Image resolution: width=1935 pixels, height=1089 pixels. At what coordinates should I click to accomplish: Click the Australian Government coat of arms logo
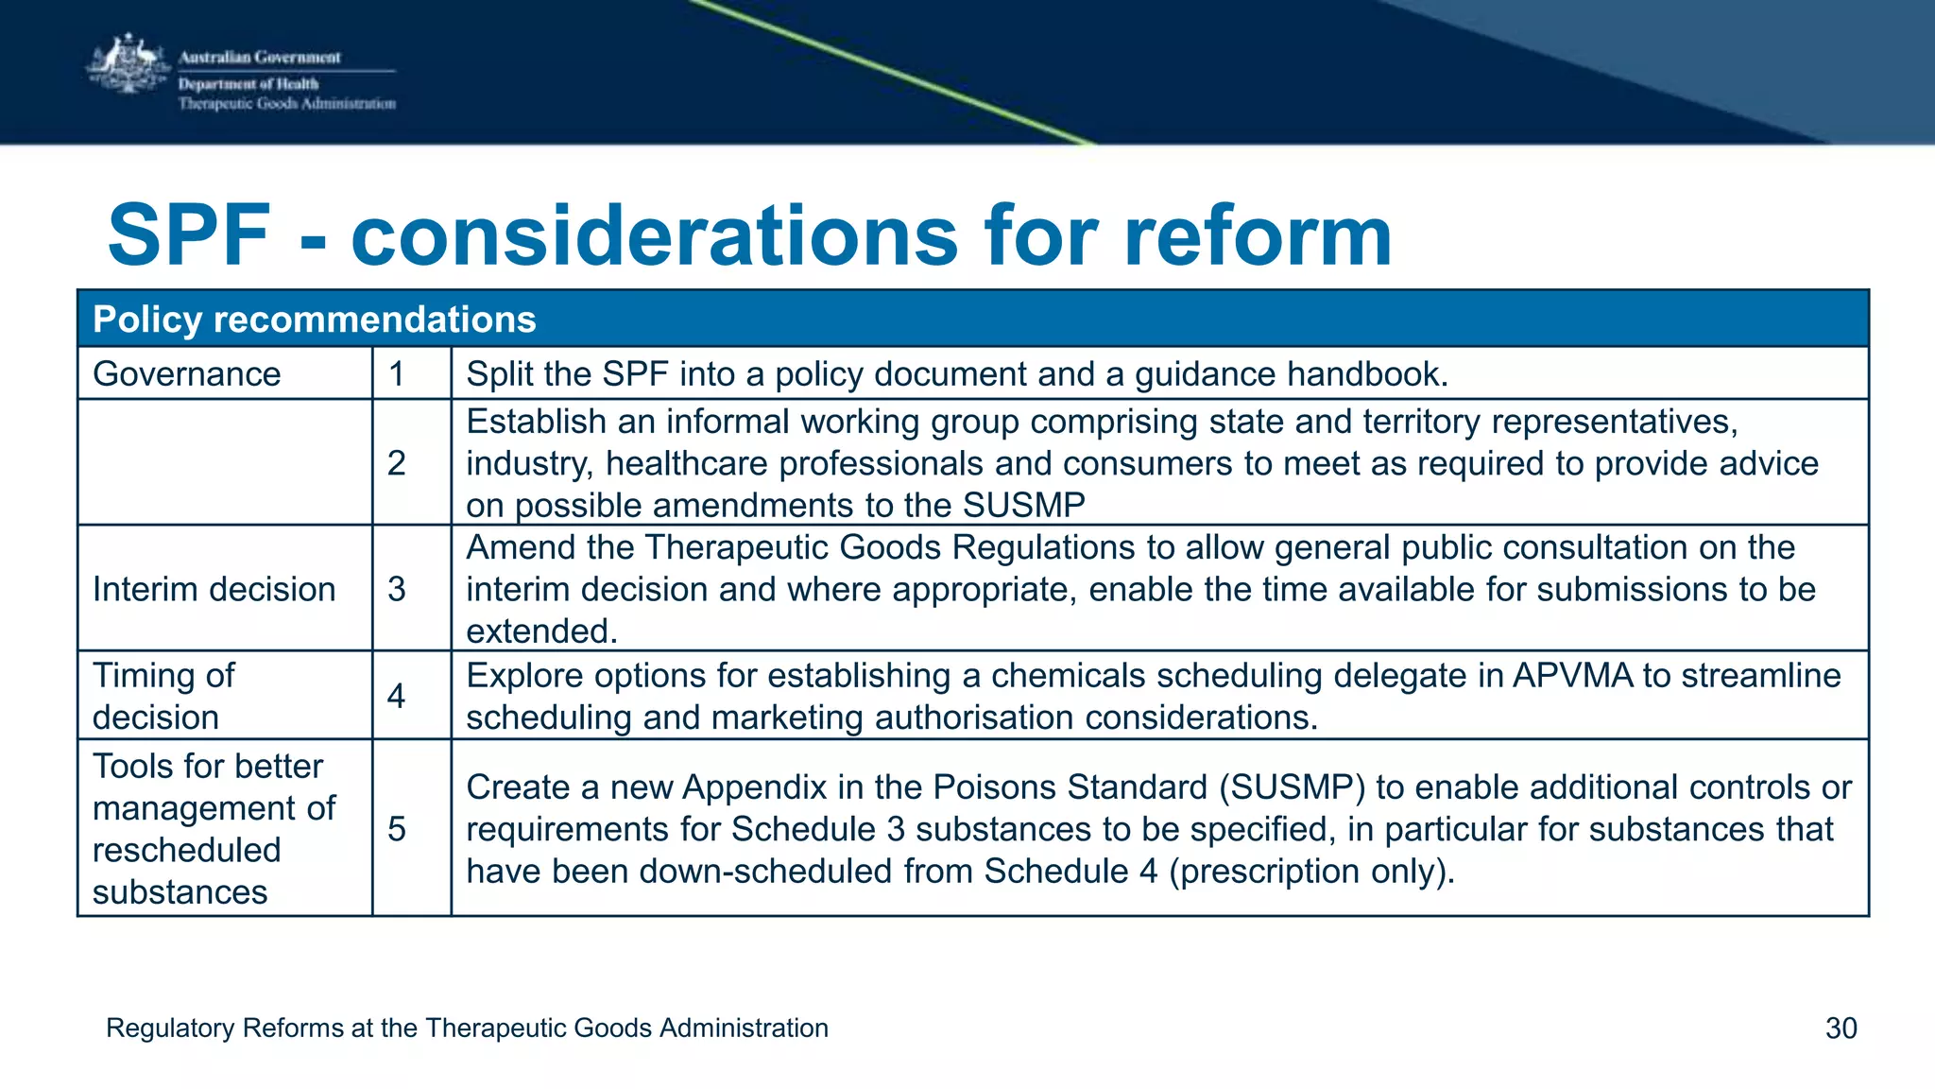point(128,66)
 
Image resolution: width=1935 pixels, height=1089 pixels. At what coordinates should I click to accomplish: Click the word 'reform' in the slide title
point(1257,235)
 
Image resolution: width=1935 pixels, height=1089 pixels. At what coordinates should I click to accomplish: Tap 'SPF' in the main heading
point(189,235)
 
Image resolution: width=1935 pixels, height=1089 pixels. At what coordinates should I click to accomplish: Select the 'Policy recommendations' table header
point(314,320)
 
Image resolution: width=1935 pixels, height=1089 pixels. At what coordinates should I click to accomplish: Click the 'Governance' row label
point(187,374)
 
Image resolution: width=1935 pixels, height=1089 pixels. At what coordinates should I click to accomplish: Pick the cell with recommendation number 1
point(397,374)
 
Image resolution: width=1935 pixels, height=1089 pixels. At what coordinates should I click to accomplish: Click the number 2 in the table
point(397,462)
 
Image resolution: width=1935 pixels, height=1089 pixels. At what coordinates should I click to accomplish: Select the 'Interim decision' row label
point(214,589)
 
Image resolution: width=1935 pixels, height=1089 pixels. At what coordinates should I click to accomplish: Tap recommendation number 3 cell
point(397,589)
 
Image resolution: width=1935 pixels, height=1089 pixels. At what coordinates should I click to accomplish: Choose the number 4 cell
point(397,697)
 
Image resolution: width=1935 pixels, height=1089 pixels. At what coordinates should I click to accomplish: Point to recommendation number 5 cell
point(397,829)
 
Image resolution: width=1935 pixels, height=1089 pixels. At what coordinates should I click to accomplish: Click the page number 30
point(1841,1028)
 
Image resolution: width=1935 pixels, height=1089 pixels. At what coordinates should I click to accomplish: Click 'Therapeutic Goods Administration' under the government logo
point(287,104)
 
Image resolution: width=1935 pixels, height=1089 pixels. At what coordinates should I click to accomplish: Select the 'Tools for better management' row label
point(214,828)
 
